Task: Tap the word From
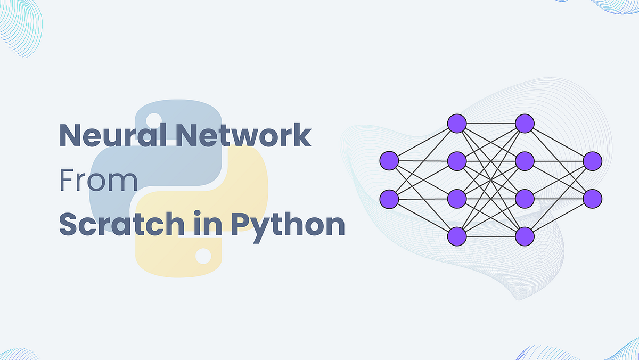[x=98, y=181]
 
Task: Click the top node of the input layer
[x=389, y=160]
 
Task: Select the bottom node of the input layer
[x=389, y=199]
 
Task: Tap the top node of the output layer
[x=592, y=160]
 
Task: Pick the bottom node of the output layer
[x=592, y=199]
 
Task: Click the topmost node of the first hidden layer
[x=457, y=123]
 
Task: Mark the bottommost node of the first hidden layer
[x=457, y=236]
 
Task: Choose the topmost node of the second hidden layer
[x=525, y=123]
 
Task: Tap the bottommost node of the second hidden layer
[x=525, y=236]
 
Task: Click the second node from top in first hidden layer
[x=457, y=160]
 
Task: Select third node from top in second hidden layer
[x=525, y=199]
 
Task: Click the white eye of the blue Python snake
[x=154, y=119]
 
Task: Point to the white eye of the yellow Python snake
[x=203, y=256]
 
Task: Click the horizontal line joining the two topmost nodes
[x=490, y=123]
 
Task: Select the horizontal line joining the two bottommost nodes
[x=490, y=236]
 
